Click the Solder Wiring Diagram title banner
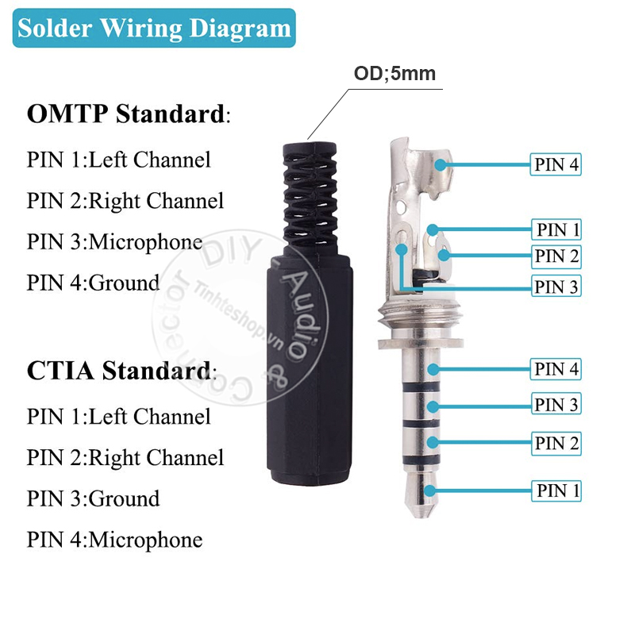[154, 29]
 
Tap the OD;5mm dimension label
[394, 74]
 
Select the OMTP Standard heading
[127, 114]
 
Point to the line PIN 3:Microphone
[114, 241]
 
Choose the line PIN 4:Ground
[93, 283]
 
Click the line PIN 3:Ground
[93, 498]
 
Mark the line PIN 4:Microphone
[114, 540]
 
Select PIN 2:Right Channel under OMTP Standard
[125, 200]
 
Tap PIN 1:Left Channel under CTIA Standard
[119, 416]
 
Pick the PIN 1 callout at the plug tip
[557, 491]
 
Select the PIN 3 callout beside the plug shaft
[557, 405]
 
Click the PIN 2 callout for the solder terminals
[557, 256]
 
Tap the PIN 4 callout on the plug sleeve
[557, 369]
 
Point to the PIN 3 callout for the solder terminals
[557, 287]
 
